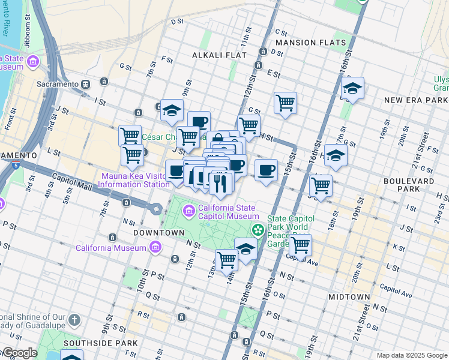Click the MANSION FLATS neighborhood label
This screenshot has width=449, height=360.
310,43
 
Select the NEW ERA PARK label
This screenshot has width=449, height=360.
416,100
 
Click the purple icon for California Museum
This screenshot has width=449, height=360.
156,247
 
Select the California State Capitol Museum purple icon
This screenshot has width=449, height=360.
189,210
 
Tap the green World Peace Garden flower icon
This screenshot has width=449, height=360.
258,230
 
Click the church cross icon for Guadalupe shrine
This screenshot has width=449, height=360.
74,320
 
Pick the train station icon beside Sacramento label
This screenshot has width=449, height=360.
86,85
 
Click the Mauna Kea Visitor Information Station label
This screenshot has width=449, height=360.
134,181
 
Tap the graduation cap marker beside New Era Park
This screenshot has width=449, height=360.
353,88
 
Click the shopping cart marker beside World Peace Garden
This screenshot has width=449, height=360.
300,244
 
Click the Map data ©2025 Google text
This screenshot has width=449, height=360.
412,355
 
